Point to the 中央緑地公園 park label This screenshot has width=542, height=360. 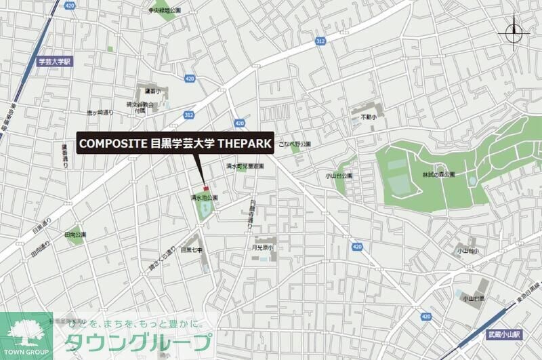click(165, 11)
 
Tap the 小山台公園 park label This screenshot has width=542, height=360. click(339, 176)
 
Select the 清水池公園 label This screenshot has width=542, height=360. click(204, 197)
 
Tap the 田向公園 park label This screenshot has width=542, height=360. click(75, 235)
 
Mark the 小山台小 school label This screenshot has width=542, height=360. click(467, 251)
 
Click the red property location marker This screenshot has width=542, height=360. click(205, 188)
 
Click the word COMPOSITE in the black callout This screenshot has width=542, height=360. click(112, 144)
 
